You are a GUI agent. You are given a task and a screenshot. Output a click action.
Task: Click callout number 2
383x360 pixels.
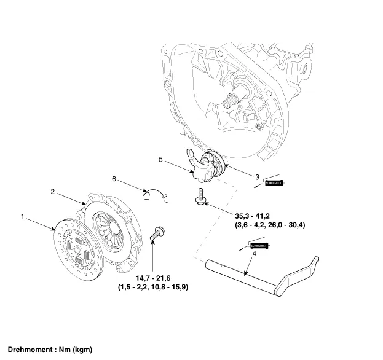coord(53,192)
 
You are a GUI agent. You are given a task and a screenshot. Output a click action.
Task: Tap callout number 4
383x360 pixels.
coord(246,270)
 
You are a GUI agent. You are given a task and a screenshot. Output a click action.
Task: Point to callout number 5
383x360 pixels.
coord(160,160)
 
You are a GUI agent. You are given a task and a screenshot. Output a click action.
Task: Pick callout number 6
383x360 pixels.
coord(114,179)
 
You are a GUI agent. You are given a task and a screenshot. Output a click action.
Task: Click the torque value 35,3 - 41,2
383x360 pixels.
coord(253,217)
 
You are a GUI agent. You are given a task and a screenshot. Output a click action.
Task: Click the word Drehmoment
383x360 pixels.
coord(29,350)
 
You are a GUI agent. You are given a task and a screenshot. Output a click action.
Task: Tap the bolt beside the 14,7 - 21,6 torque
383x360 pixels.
coord(156,234)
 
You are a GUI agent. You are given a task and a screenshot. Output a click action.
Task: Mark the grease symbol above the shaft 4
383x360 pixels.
coord(259,246)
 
